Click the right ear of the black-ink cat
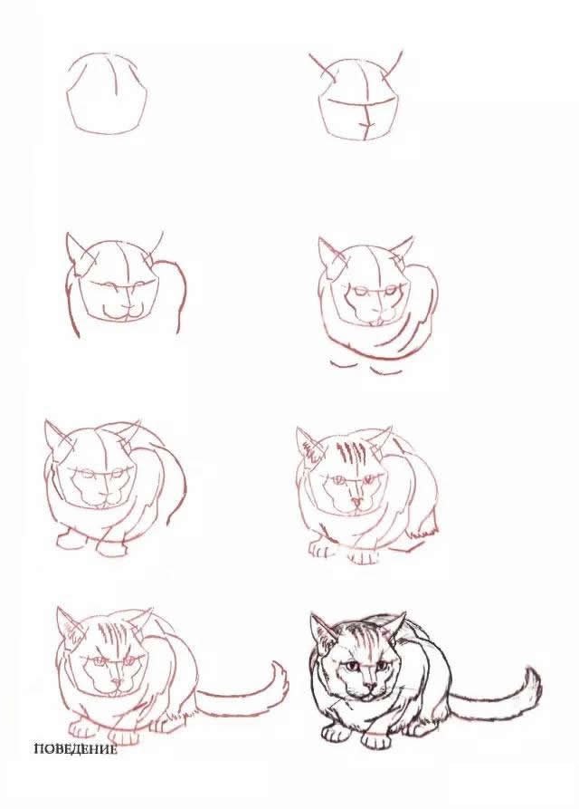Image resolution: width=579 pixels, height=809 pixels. [x=395, y=624]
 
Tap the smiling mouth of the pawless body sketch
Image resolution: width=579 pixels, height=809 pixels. [x=120, y=313]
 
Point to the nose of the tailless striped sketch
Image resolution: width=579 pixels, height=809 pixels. [x=356, y=500]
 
